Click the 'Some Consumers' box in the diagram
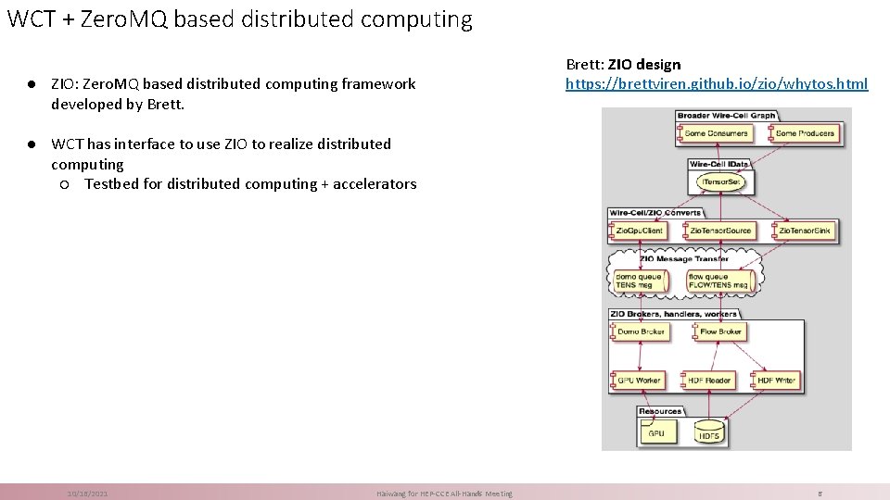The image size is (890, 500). click(714, 133)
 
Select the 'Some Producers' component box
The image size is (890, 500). click(803, 133)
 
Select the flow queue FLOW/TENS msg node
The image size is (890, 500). click(718, 281)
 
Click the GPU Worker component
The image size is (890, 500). click(637, 381)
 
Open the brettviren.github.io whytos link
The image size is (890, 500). click(717, 84)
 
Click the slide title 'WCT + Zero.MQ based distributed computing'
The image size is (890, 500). click(239, 19)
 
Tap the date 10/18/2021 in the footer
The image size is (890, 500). click(87, 494)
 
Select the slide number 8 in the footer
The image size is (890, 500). click(820, 494)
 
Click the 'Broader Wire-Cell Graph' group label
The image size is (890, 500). click(726, 116)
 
